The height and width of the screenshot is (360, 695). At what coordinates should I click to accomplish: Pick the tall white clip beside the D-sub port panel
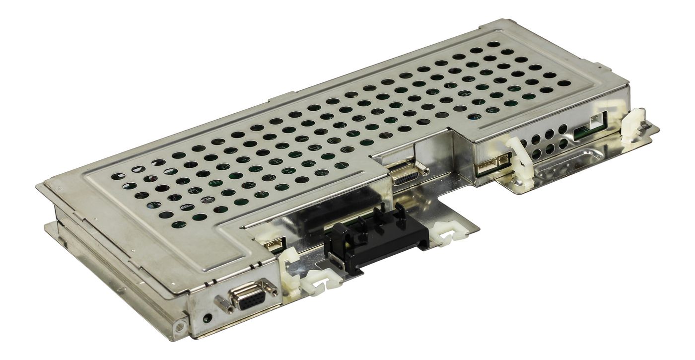click(x=290, y=273)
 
